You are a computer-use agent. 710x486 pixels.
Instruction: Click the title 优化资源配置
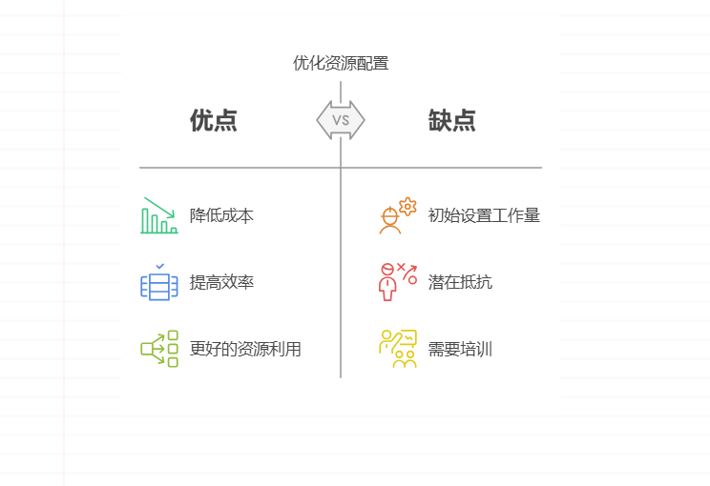pos(341,64)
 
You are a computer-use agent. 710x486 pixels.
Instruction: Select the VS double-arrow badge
pos(341,120)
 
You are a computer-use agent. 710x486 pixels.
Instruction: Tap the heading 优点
pos(213,121)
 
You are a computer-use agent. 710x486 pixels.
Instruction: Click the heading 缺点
pos(451,121)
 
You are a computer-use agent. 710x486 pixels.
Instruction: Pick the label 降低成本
pos(221,215)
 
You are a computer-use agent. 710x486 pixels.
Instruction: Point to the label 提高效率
pos(221,282)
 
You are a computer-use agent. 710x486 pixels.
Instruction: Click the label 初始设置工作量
pos(484,215)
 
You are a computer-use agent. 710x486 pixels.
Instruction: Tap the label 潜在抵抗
pos(460,282)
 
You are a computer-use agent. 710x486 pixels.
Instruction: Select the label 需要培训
pos(460,349)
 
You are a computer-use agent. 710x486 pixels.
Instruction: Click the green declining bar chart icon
pos(159,215)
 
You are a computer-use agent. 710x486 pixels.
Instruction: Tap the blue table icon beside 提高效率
pos(159,286)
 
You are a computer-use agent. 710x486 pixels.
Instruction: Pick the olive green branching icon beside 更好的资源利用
pos(159,349)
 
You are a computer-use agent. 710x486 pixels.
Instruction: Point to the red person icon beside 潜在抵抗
pos(388,283)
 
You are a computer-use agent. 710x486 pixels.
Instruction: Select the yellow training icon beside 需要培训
pos(398,349)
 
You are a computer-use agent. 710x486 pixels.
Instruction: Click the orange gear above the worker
pos(407,205)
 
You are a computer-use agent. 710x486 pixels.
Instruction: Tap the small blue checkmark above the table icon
pos(159,266)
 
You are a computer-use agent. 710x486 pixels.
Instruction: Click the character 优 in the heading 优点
pos(201,121)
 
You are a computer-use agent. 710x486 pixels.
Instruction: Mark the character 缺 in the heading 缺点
pos(440,121)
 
